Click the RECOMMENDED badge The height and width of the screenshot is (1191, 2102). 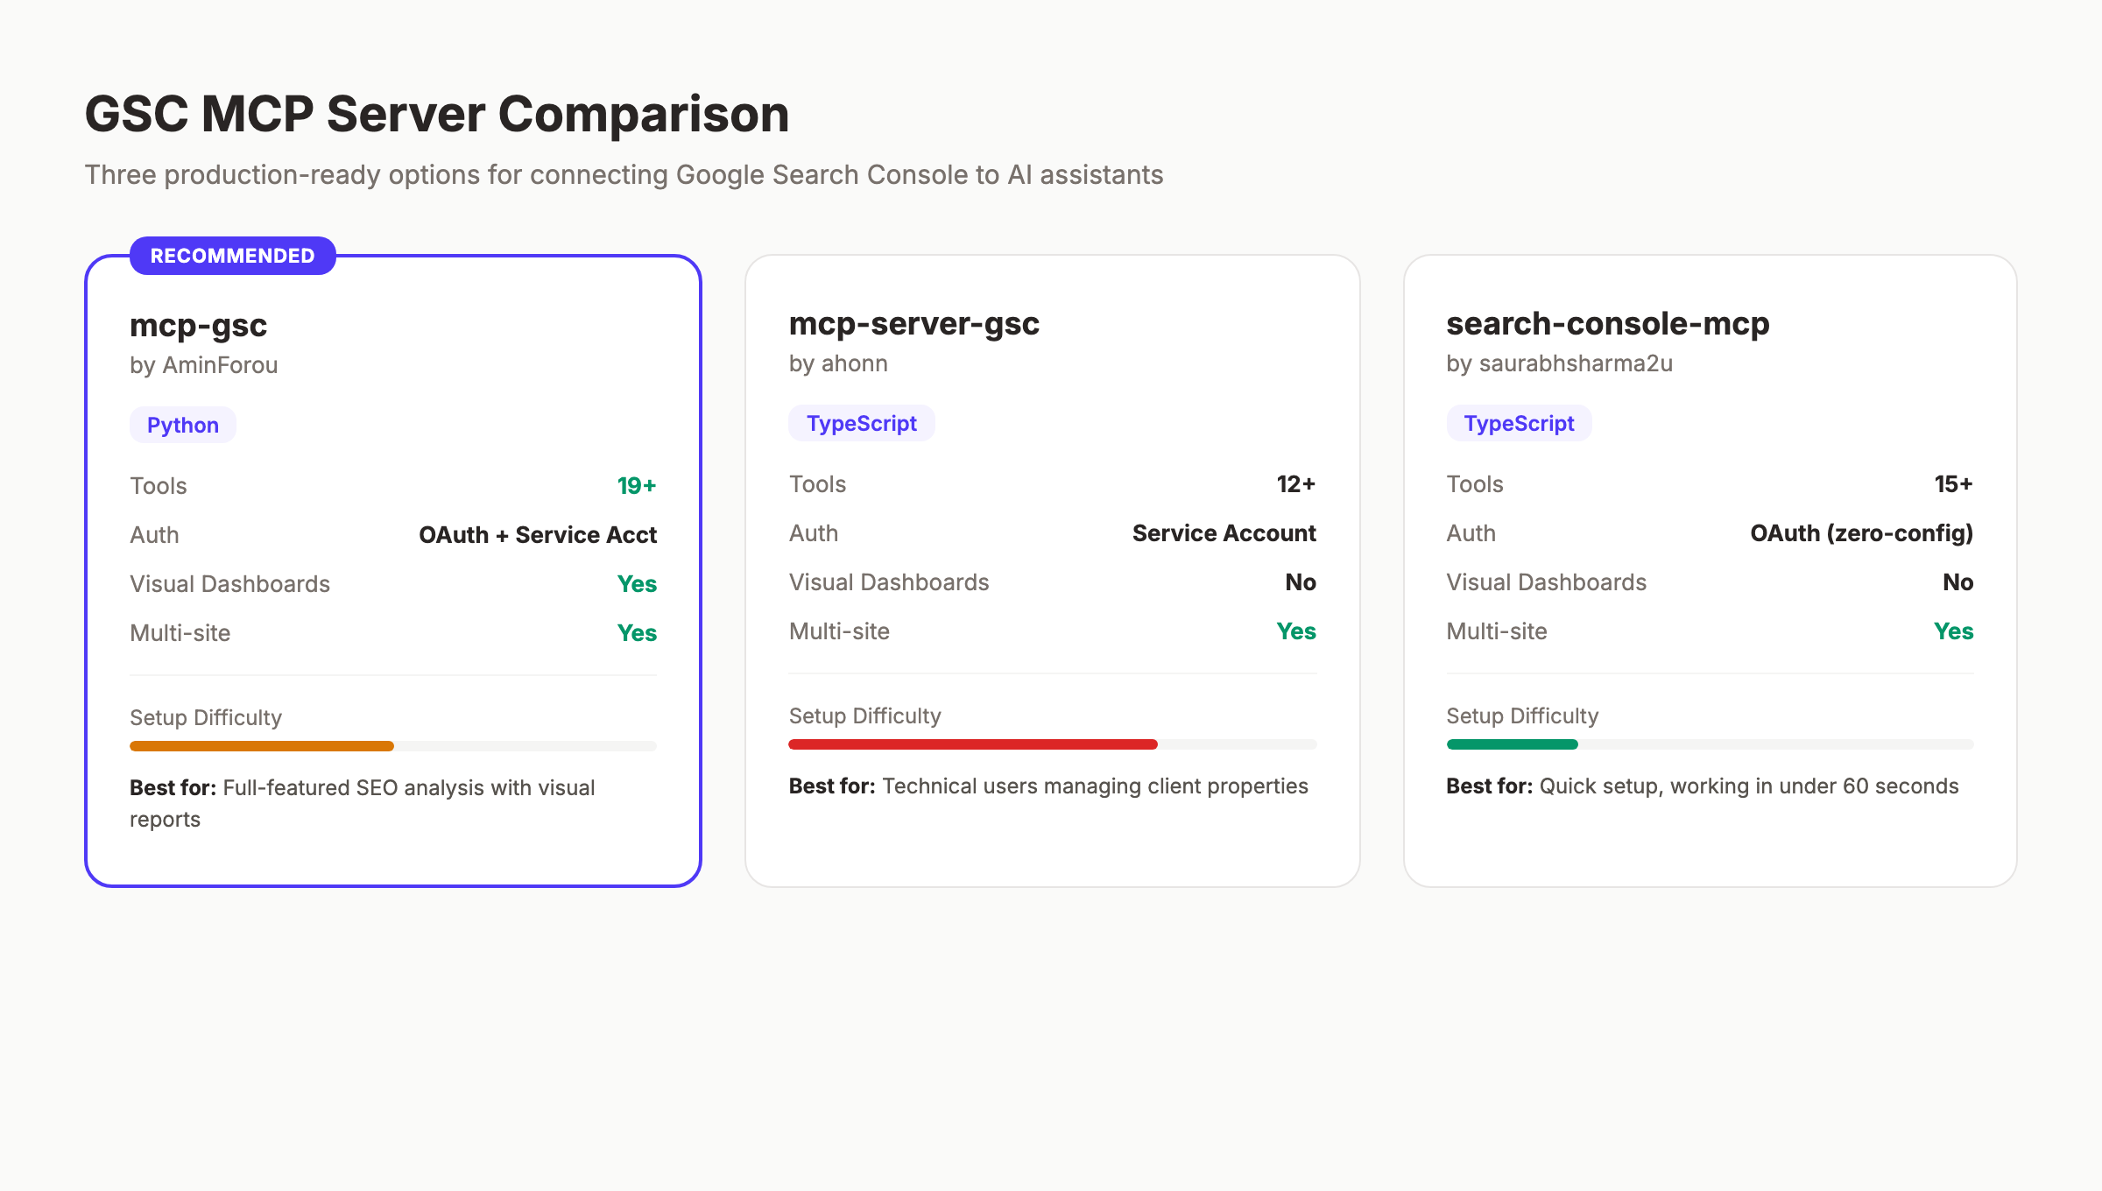coord(232,256)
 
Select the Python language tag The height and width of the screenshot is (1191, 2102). coord(183,425)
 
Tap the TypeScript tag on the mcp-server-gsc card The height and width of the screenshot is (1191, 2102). coord(861,423)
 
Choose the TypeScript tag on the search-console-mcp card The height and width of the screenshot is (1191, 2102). coord(1519,423)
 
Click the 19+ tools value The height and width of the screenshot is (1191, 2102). coord(637,486)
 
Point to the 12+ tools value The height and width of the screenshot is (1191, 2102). coord(1295,484)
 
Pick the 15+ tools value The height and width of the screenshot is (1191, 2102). coord(1953,484)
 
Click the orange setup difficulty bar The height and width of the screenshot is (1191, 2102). coord(262,746)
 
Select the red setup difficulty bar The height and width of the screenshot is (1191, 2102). coord(972,744)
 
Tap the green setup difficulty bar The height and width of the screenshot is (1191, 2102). coord(1512,744)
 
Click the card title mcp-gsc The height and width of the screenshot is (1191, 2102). coord(198,325)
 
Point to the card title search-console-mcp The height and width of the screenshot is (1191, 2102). coord(1607,323)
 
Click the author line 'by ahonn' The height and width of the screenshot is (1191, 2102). coord(838,363)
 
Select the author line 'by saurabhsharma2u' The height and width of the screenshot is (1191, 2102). coord(1559,363)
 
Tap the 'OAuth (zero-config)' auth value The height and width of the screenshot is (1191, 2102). coord(1861,533)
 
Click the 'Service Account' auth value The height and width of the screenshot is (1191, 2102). coord(1224,533)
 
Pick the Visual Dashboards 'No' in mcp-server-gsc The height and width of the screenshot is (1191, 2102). coord(1301,582)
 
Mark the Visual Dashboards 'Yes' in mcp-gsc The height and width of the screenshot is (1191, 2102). coord(637,584)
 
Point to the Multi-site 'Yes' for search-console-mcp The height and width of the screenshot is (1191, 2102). coord(1953,631)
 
